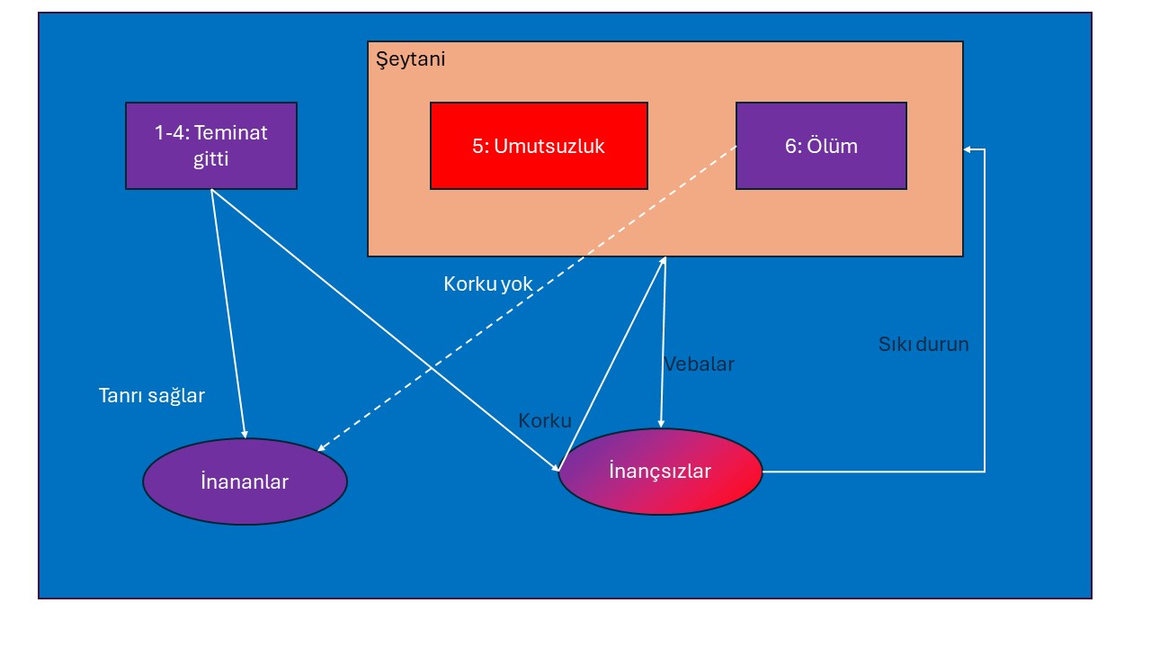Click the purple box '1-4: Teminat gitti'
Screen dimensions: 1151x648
211,146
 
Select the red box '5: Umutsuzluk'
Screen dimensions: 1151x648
539,146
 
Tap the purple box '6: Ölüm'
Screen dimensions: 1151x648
821,146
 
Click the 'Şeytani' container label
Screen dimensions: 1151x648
411,59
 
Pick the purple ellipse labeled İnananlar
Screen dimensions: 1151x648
245,481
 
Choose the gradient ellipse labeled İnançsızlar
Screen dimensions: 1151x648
660,471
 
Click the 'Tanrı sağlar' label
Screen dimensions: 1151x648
152,396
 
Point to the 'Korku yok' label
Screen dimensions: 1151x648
487,283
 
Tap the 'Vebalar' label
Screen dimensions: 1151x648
699,364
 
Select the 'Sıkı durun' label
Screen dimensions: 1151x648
923,344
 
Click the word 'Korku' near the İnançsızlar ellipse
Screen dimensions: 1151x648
545,420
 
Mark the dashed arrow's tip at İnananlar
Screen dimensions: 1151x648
318,451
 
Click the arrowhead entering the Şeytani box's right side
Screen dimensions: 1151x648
965,149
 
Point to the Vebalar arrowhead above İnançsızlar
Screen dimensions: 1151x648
661,427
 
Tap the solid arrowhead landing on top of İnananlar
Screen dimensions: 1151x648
245,436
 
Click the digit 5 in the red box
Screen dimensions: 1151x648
477,147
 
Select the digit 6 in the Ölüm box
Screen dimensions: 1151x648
790,147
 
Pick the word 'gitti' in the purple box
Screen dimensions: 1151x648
210,159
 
